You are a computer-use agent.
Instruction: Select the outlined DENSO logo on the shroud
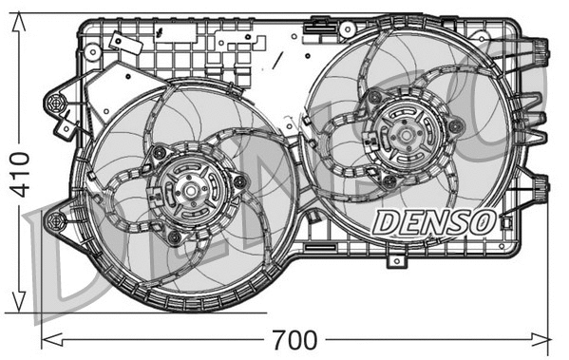pyautogui.click(x=433, y=222)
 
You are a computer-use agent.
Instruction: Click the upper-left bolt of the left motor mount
pyautogui.click(x=160, y=153)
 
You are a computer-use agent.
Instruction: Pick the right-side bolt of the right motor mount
pyautogui.click(x=456, y=125)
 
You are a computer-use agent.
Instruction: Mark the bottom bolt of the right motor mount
pyautogui.click(x=389, y=180)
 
